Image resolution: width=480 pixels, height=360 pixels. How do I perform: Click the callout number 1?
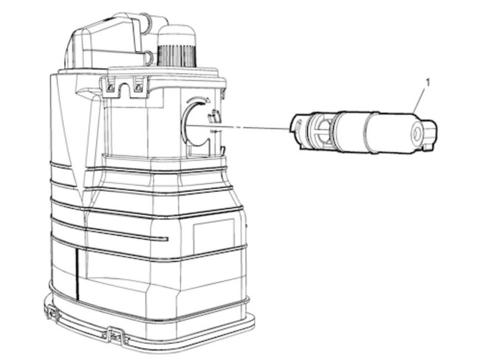point(428,83)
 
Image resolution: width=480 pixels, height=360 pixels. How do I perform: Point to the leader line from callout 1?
point(419,100)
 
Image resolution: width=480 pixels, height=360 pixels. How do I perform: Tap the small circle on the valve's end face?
point(416,134)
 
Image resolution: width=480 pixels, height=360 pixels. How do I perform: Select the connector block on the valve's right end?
point(430,135)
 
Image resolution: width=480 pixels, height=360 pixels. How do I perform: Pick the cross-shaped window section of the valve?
point(320,131)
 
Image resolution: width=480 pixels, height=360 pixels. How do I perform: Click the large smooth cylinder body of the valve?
point(388,133)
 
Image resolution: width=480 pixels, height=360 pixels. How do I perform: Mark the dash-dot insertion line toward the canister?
point(236,127)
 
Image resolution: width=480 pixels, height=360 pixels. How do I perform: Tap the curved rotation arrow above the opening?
point(198,100)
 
